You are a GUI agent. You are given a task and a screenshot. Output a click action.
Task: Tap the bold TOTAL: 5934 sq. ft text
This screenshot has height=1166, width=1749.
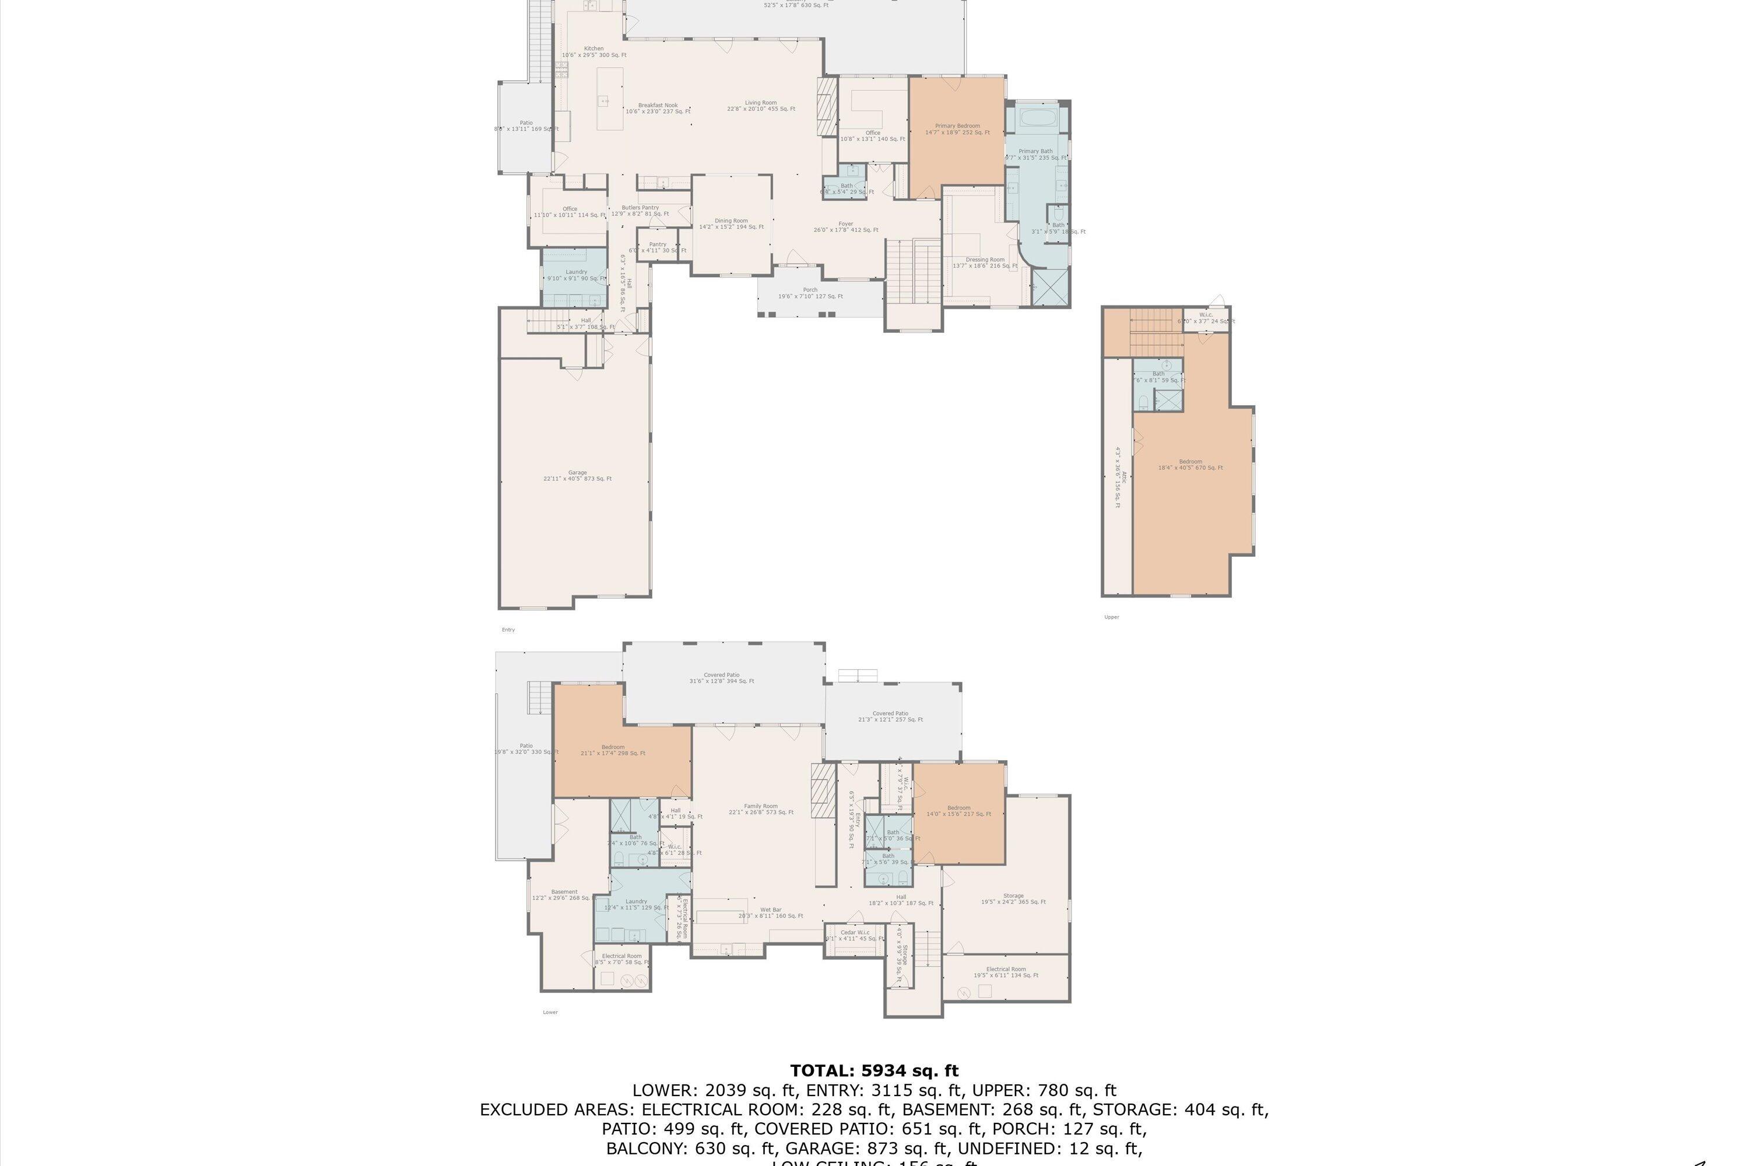click(x=874, y=1071)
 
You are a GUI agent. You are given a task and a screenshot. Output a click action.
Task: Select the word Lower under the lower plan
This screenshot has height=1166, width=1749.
click(x=550, y=1012)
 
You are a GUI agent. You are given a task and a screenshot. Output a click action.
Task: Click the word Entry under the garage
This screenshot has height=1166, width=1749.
click(x=508, y=630)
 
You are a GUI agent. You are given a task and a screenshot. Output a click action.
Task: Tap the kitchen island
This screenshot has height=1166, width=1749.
click(x=610, y=99)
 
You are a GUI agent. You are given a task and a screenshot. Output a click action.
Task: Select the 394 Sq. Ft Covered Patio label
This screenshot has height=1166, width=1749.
click(x=721, y=678)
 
